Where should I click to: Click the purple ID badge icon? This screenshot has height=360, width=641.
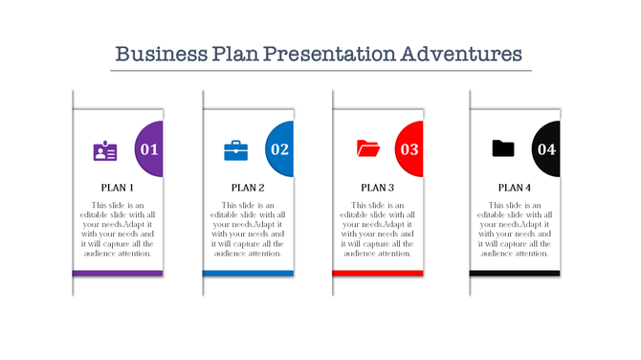[x=105, y=150]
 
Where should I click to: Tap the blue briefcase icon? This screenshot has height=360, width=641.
[x=234, y=150]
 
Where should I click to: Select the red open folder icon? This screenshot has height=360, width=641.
[x=367, y=148]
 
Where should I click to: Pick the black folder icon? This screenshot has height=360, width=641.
[x=502, y=148]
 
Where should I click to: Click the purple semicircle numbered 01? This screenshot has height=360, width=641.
[x=149, y=149]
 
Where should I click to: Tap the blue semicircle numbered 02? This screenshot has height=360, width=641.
[x=279, y=149]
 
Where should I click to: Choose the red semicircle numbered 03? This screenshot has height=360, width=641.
[x=409, y=149]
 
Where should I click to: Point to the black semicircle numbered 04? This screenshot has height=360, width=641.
[x=546, y=149]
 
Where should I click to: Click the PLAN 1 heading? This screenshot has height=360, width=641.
[x=118, y=188]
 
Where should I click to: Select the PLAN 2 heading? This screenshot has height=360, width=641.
[x=248, y=188]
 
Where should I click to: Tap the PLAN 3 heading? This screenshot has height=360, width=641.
[x=378, y=188]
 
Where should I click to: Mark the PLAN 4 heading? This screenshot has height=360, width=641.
[x=515, y=188]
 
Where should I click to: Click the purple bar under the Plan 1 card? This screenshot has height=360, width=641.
[x=118, y=274]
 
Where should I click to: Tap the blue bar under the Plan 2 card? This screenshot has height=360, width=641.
[x=248, y=274]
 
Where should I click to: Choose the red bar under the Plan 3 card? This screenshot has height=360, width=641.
[x=378, y=274]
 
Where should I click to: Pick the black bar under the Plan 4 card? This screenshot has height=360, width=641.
[x=515, y=274]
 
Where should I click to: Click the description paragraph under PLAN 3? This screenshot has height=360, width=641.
[x=378, y=230]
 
